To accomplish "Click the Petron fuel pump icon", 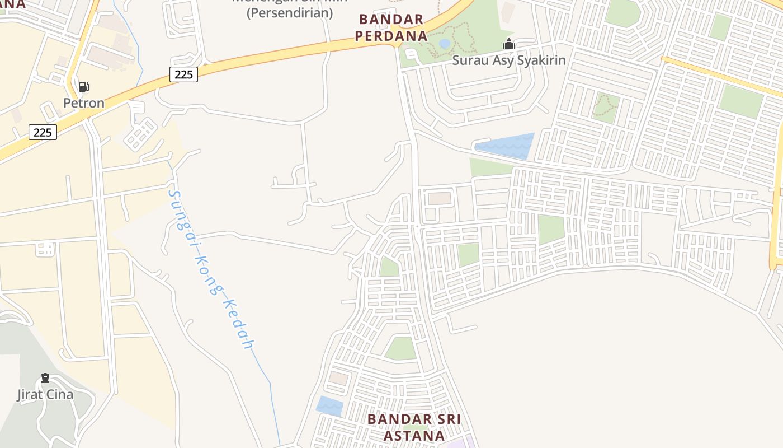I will point(83,87).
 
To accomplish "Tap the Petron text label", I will point(83,103).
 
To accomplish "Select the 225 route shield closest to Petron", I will point(43,132).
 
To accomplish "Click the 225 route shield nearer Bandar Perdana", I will point(183,74).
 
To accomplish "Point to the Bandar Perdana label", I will point(391,27).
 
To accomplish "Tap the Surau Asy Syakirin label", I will point(508,60).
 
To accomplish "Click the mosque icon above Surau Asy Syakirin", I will point(508,44).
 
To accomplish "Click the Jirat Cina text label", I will point(45,394).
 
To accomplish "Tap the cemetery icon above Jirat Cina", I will point(45,379).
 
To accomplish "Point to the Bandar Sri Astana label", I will point(414,427).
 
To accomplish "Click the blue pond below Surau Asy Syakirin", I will point(505,146).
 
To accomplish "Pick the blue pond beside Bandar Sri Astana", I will point(329,406).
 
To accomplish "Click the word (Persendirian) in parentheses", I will point(290,12).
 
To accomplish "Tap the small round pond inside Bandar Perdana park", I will point(445,43).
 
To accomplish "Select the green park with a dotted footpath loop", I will point(606,108).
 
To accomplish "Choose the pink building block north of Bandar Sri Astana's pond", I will point(338,379).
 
